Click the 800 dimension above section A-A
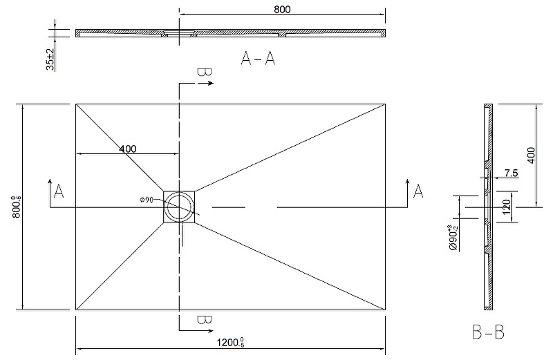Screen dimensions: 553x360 click(x=282, y=10)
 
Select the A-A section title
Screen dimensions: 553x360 click(x=258, y=58)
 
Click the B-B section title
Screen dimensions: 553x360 click(x=488, y=332)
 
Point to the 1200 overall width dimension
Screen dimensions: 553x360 click(x=230, y=342)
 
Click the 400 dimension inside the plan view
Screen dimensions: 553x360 click(x=127, y=149)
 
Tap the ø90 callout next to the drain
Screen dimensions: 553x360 click(x=146, y=200)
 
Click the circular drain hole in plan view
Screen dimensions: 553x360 click(x=179, y=207)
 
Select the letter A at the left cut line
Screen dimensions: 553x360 click(x=59, y=191)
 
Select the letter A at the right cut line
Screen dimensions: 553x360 click(x=418, y=191)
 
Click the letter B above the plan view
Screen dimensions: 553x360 click(x=204, y=73)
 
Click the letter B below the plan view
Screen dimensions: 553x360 click(x=204, y=320)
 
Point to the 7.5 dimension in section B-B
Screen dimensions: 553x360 click(x=511, y=173)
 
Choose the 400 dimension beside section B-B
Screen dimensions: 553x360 click(x=530, y=155)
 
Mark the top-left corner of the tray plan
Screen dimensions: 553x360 click(x=76, y=104)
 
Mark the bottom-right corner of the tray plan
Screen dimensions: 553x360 click(x=385, y=310)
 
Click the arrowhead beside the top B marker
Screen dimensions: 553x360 click(x=211, y=83)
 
